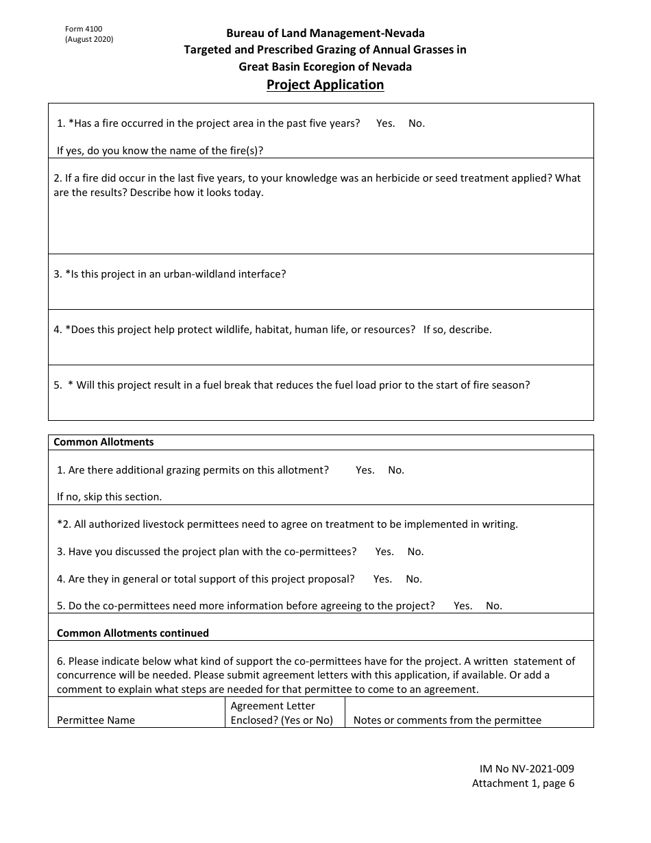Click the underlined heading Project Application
click(325, 85)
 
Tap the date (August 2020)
click(89, 40)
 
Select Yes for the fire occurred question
click(385, 123)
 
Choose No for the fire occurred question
click(416, 123)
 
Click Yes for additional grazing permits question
click(365, 470)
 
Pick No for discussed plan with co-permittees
click(415, 552)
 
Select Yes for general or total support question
click(382, 579)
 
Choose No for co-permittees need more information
click(493, 606)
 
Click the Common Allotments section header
click(103, 442)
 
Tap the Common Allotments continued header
click(132, 633)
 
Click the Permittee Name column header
click(96, 720)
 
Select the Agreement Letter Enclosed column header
click(282, 713)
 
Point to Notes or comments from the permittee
click(447, 720)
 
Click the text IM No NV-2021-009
click(524, 769)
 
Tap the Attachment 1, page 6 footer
click(523, 783)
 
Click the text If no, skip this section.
click(109, 497)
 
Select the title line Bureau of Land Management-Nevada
click(325, 33)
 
